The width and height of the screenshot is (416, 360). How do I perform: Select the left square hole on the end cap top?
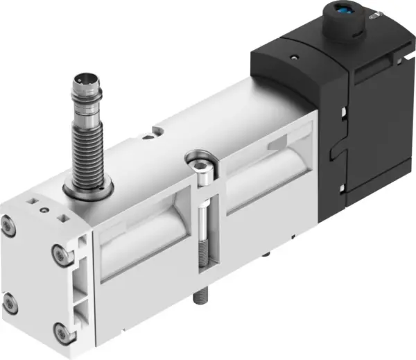[x=31, y=201]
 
